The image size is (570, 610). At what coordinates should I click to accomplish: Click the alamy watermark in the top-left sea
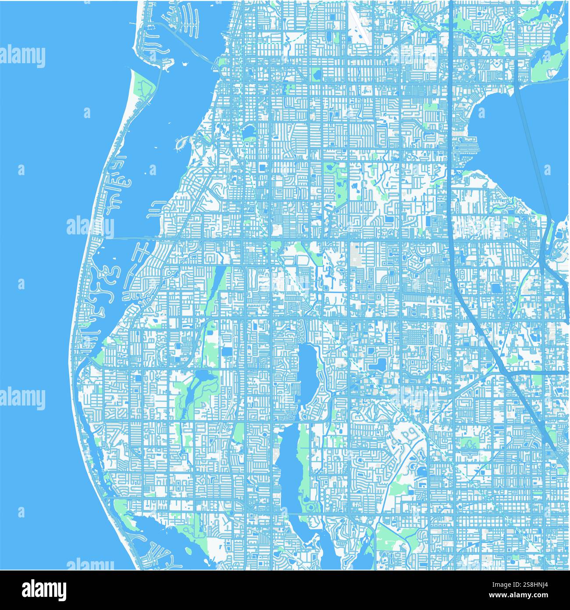tap(23, 57)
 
